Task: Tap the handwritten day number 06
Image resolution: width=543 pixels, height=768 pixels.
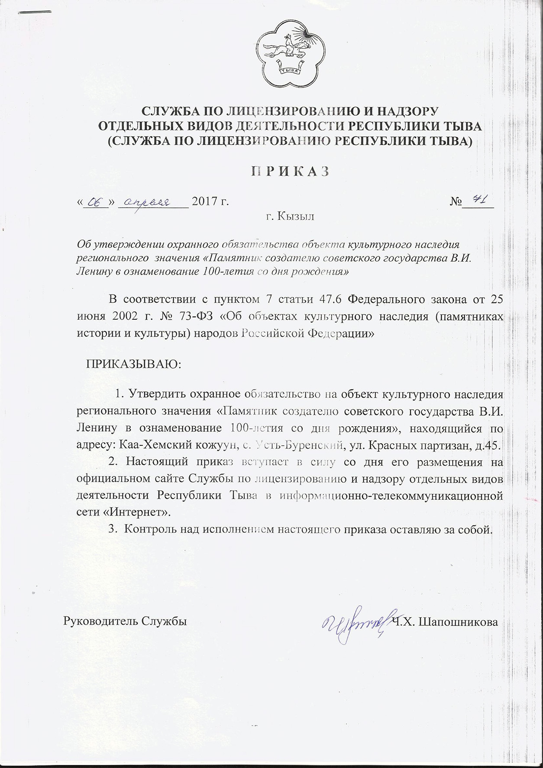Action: tap(94, 201)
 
